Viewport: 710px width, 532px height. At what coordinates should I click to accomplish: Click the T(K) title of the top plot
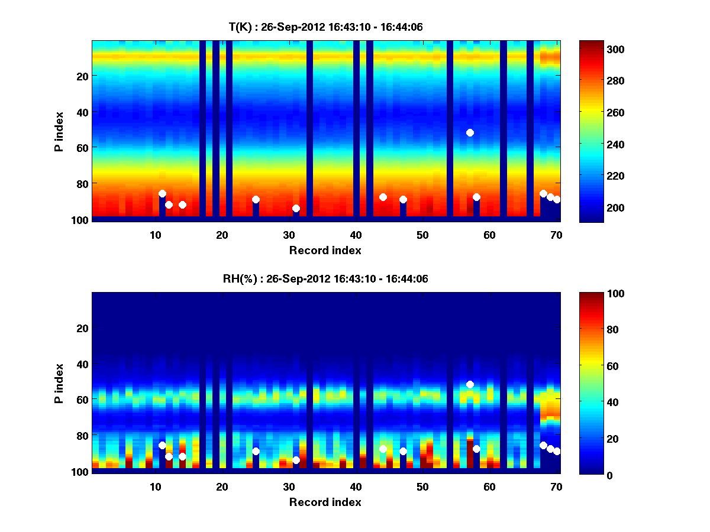[325, 27]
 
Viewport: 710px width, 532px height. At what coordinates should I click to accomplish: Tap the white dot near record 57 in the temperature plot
[470, 132]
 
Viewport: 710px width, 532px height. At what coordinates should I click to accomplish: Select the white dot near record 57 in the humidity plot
[470, 384]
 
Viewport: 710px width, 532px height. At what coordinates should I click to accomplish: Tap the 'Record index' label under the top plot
[325, 250]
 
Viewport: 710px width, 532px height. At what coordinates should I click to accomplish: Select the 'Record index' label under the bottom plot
[325, 502]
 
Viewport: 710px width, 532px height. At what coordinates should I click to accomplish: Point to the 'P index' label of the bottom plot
[59, 383]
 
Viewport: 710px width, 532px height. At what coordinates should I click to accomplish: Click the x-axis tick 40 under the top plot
[356, 235]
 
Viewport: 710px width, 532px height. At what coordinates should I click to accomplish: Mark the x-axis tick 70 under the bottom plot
[556, 486]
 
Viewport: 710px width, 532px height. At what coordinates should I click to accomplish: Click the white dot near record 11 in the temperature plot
[162, 193]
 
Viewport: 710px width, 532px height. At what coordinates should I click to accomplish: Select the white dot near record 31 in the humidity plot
[296, 460]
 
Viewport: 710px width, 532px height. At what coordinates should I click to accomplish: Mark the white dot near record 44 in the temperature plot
[383, 197]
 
